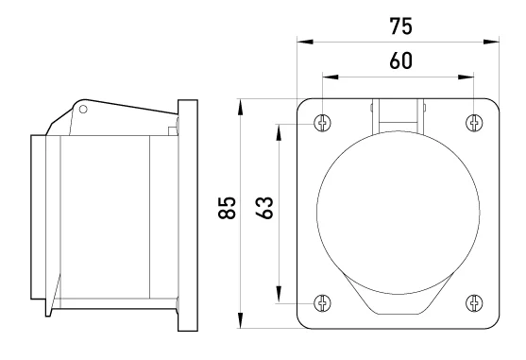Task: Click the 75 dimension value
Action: click(x=400, y=26)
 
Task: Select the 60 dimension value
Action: click(x=400, y=61)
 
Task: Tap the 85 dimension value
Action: click(x=227, y=208)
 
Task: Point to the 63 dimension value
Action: click(x=264, y=208)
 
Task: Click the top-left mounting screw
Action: click(x=322, y=123)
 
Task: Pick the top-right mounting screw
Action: click(x=474, y=123)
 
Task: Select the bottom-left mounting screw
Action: click(x=322, y=303)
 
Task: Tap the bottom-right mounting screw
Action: click(x=474, y=303)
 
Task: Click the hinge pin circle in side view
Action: click(x=83, y=109)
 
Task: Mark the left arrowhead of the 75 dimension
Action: click(x=305, y=42)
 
